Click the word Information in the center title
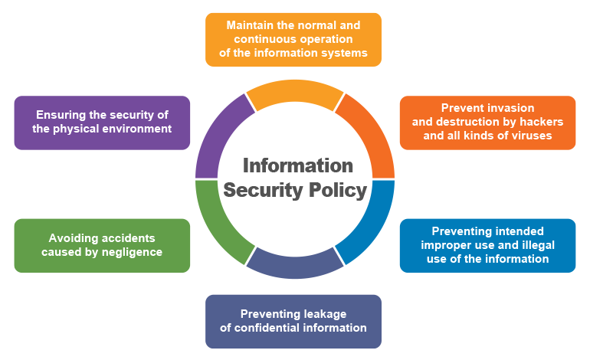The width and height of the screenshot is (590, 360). pyautogui.click(x=298, y=166)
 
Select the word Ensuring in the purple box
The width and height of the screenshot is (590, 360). pyautogui.click(x=60, y=115)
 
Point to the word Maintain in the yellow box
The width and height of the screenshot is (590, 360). pyautogui.click(x=251, y=25)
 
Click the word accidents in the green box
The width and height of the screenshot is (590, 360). pyautogui.click(x=129, y=238)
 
